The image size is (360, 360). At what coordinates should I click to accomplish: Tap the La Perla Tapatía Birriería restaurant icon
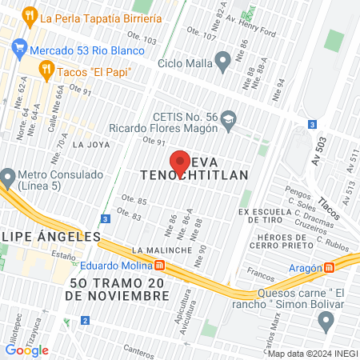(30, 14)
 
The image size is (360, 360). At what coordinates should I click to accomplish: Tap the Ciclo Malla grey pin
(224, 58)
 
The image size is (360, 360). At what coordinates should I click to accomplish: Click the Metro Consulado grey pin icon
(9, 176)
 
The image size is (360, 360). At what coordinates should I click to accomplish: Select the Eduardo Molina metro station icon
(160, 266)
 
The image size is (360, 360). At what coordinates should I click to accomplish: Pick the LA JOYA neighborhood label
(89, 146)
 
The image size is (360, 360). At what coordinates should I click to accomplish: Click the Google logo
(27, 350)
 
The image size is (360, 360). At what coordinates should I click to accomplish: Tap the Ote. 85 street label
(134, 199)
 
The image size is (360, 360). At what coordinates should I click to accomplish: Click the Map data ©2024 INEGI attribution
(313, 354)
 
